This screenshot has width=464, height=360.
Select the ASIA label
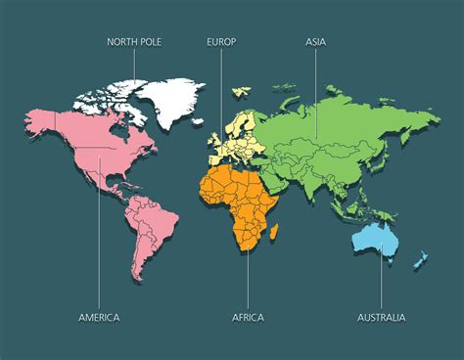pyautogui.click(x=315, y=42)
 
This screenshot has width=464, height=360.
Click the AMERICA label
pyautogui.click(x=99, y=317)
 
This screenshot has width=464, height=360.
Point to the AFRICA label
pyautogui.click(x=248, y=317)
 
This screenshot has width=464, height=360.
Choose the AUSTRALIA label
pyautogui.click(x=382, y=317)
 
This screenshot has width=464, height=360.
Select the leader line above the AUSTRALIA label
pyautogui.click(x=381, y=279)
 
